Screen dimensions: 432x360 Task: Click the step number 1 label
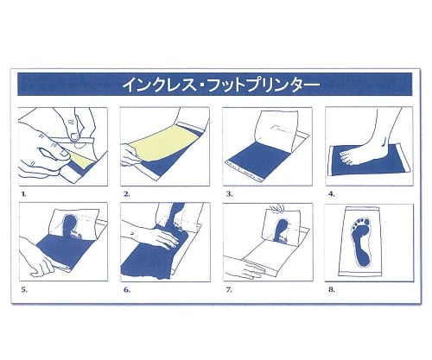pyautogui.click(x=23, y=194)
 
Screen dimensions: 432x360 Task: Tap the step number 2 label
pyautogui.click(x=127, y=194)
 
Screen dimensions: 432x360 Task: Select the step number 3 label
pyautogui.click(x=229, y=194)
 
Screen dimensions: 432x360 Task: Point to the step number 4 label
pyautogui.click(x=332, y=194)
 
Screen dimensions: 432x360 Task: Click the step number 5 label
pyautogui.click(x=24, y=290)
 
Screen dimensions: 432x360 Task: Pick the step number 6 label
pyautogui.click(x=127, y=290)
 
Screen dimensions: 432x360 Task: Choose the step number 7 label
pyautogui.click(x=229, y=290)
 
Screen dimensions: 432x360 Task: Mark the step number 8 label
pyautogui.click(x=332, y=290)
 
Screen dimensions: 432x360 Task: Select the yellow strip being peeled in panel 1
pyautogui.click(x=80, y=159)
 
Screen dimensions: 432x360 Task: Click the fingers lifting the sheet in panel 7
pyautogui.click(x=276, y=208)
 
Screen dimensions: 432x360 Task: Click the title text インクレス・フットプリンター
pyautogui.click(x=221, y=85)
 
